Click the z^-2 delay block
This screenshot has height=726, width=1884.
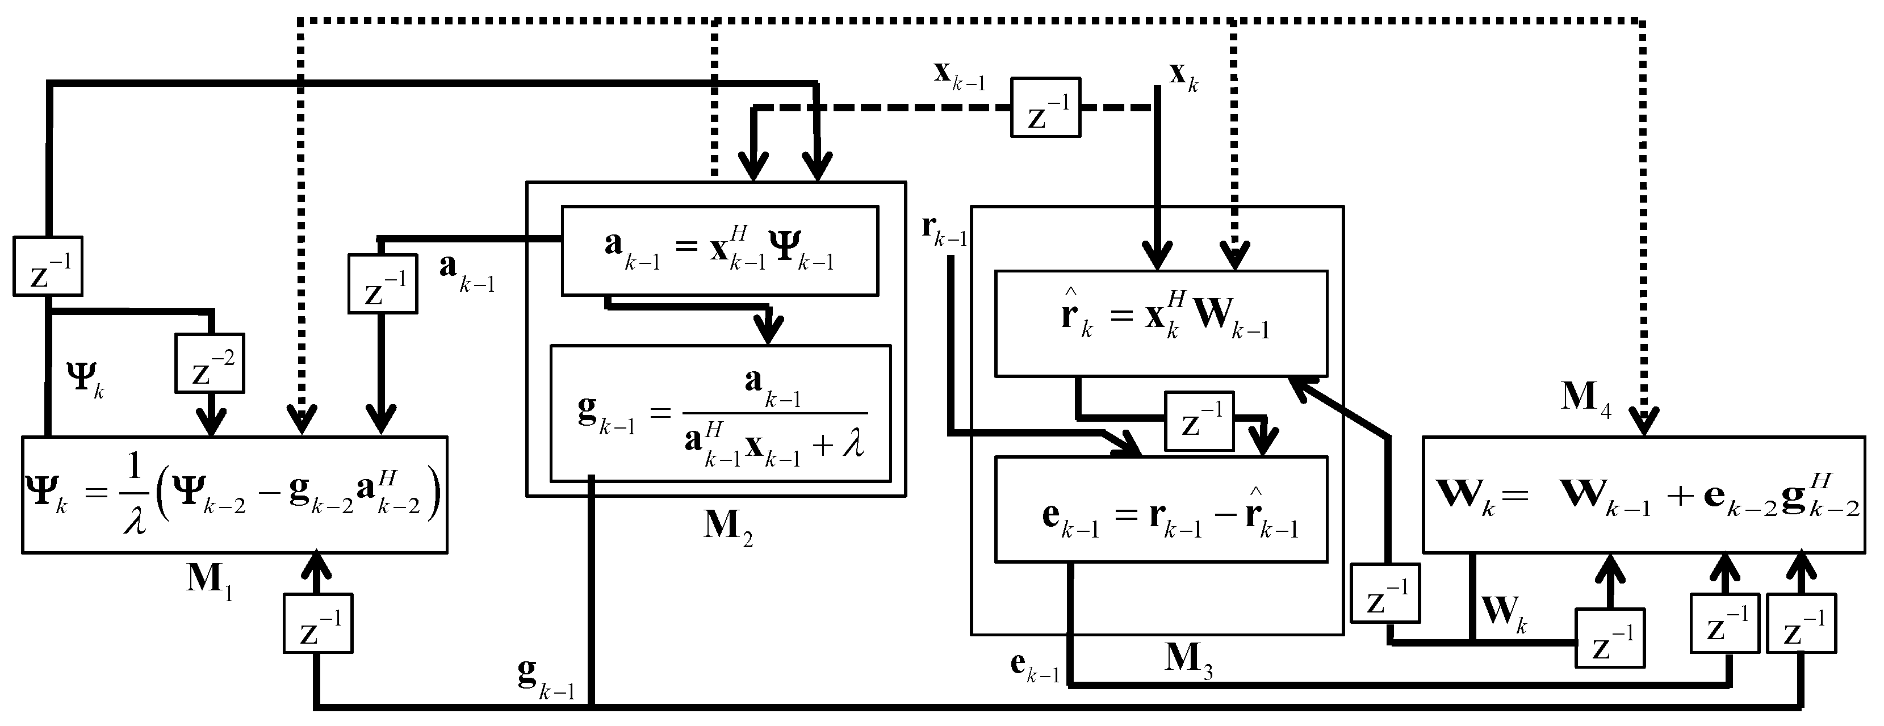click(209, 363)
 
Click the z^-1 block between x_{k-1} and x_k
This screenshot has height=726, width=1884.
click(1045, 107)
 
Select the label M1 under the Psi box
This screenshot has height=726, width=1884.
click(209, 581)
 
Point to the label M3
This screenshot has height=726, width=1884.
click(1188, 662)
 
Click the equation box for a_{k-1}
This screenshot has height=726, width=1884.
click(719, 251)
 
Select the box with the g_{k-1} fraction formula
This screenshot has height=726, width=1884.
click(721, 413)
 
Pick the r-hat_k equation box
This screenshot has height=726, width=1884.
click(1161, 324)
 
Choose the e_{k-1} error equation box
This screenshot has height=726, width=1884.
click(1161, 510)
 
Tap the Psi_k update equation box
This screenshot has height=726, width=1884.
click(234, 495)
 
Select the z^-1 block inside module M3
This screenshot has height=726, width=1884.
click(1199, 421)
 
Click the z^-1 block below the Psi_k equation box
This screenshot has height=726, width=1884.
click(317, 624)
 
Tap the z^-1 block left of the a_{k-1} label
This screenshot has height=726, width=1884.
click(382, 284)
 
